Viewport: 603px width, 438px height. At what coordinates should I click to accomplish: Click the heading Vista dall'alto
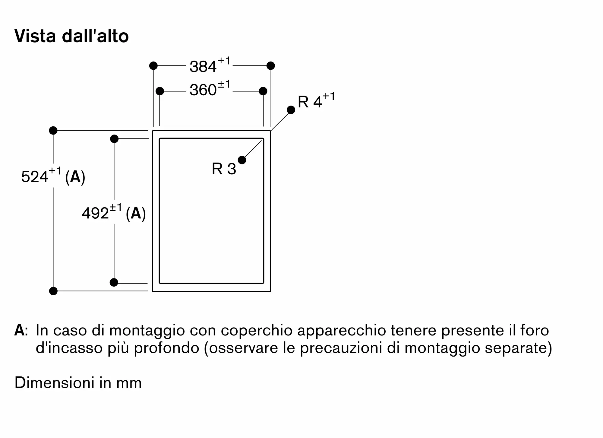click(71, 36)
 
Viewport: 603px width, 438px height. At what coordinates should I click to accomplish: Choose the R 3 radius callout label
click(224, 169)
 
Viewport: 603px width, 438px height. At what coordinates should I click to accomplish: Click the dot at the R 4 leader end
click(291, 110)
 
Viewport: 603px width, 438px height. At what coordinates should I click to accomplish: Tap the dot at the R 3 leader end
click(242, 160)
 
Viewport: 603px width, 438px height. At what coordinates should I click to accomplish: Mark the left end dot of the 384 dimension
click(153, 65)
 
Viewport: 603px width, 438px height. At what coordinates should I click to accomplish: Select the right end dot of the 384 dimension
click(271, 65)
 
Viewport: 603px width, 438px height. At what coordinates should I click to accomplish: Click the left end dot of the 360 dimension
click(160, 91)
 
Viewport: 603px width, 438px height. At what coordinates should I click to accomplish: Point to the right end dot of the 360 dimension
click(263, 91)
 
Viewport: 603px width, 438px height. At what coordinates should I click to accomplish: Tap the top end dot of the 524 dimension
click(53, 131)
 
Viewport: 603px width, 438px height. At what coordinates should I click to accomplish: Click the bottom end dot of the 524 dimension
click(53, 291)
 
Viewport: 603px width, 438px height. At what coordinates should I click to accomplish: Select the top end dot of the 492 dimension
click(114, 139)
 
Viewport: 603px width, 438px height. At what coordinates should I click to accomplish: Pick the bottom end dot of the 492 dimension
click(114, 282)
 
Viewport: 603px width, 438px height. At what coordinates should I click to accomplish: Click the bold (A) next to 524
click(75, 177)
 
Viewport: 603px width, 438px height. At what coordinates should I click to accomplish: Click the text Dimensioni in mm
click(78, 383)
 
